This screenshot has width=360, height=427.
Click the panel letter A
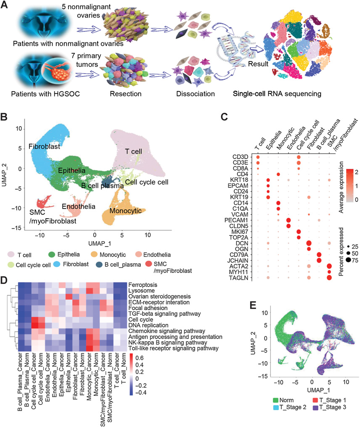(4, 5)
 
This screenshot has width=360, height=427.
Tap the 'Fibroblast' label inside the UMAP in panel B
(45, 146)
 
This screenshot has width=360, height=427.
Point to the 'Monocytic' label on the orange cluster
(125, 211)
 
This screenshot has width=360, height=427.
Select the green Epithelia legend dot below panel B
(52, 255)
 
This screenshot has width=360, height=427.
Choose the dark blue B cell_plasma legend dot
(99, 265)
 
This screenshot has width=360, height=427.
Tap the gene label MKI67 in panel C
(240, 232)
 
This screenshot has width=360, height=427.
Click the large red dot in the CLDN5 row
(289, 226)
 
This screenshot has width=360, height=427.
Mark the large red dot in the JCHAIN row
(319, 260)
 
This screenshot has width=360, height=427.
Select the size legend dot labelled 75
(348, 260)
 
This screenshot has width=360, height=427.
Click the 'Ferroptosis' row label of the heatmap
(143, 285)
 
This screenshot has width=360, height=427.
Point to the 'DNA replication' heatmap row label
(148, 325)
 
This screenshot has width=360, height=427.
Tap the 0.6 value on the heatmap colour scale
(139, 358)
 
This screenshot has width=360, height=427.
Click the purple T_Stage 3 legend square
(315, 408)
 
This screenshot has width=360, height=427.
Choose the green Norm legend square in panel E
(275, 400)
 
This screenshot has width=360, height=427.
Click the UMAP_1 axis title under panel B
(99, 244)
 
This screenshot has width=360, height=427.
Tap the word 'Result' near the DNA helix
(258, 64)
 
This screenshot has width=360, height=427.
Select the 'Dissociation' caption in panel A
(196, 94)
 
